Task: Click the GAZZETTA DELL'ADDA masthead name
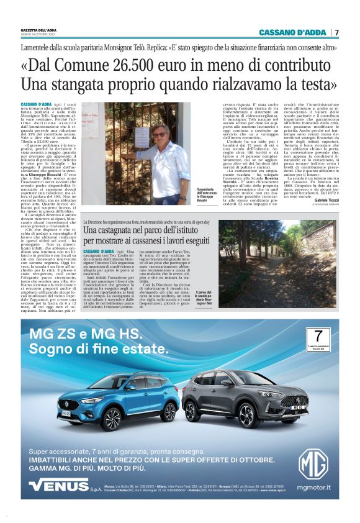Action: [38, 29]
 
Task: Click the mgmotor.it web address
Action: [313, 488]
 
